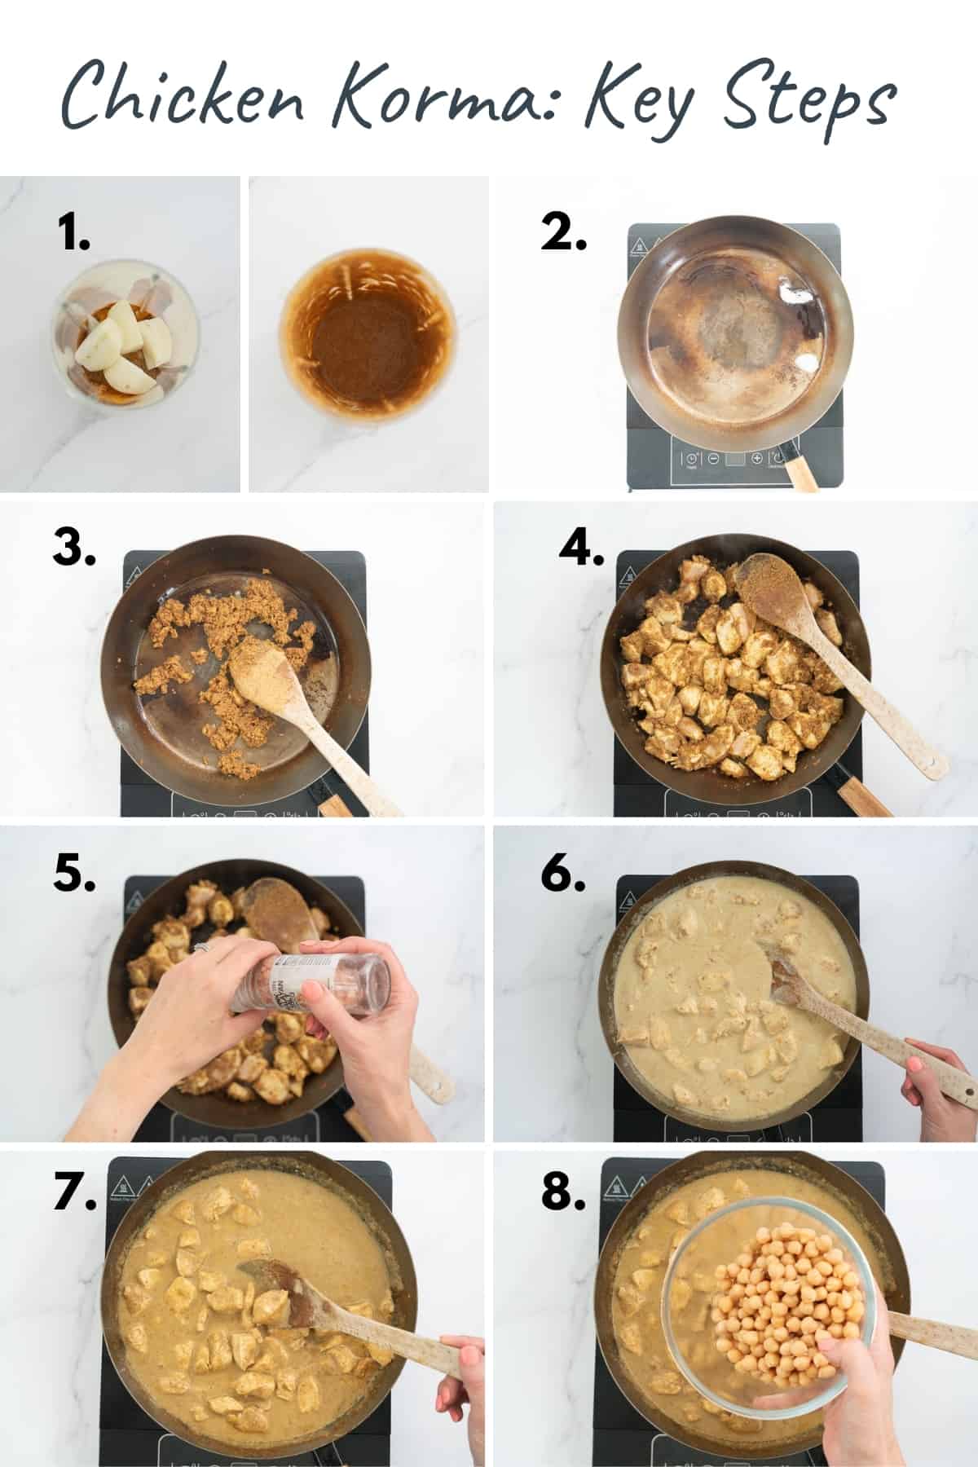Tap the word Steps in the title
tap(807, 104)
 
